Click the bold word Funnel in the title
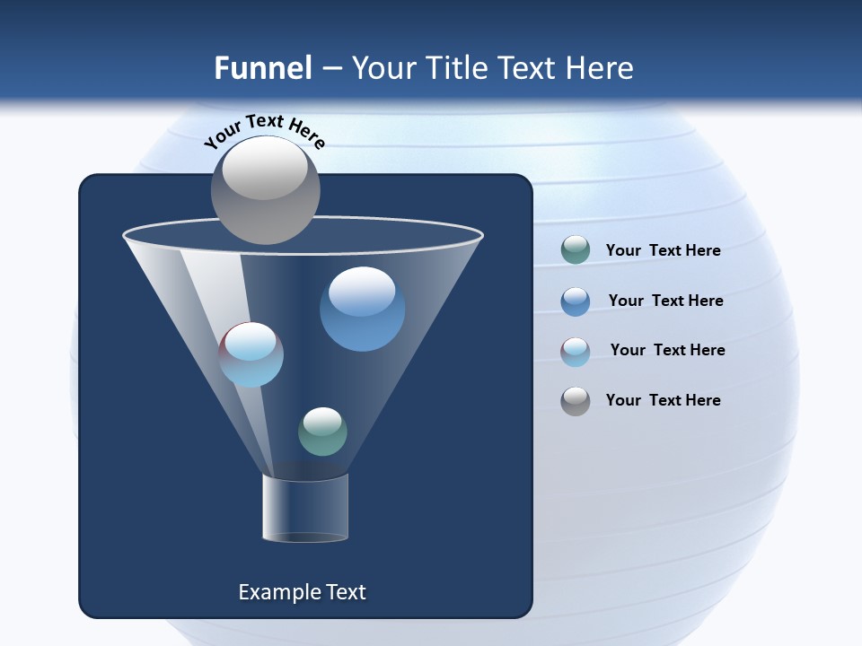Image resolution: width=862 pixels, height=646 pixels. point(263,68)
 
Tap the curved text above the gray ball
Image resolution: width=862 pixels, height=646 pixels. point(265,131)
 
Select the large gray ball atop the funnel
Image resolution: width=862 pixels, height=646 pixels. point(265,190)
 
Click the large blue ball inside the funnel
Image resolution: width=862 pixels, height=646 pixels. point(362,310)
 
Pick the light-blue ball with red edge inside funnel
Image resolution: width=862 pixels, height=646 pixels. point(251,354)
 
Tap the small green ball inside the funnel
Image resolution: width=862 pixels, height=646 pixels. point(322,432)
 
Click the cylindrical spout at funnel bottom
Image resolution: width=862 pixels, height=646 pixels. point(304,508)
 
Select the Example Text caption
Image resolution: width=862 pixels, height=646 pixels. point(302,592)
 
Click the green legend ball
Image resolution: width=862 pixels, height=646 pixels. point(575,250)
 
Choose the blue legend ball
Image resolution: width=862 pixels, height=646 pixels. point(575,301)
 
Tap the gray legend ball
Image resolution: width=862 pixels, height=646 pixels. point(575,401)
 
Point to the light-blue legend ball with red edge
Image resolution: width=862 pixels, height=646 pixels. point(575,352)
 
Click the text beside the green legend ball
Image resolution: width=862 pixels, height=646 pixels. point(663,251)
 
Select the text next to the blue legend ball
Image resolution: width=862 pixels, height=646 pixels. point(665,301)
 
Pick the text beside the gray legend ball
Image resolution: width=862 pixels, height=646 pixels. point(663,400)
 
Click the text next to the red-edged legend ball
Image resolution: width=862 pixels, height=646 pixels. point(667,350)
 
